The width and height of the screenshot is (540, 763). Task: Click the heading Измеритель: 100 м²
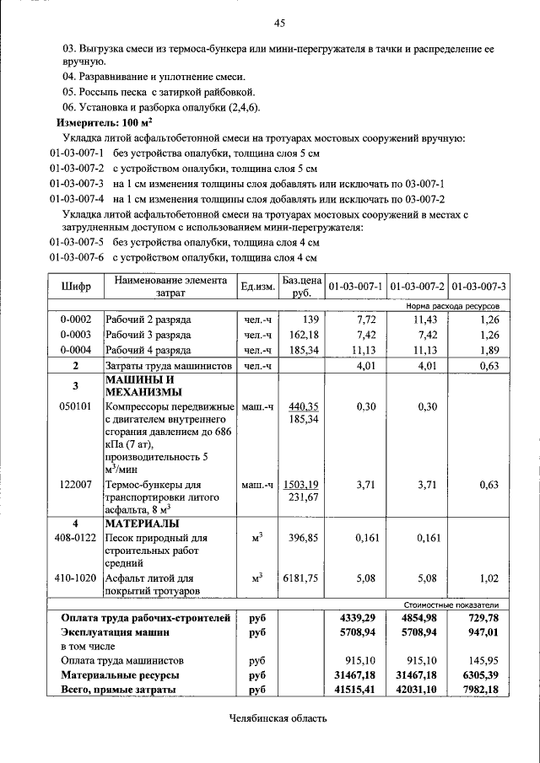coord(98,123)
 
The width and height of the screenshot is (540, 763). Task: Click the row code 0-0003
coord(75,335)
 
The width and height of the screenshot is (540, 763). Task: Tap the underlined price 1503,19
coord(302,485)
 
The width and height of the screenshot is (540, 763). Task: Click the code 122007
coord(75,485)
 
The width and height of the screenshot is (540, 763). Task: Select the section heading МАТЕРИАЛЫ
coord(141,523)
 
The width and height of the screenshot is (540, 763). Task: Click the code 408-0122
coord(75,537)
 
